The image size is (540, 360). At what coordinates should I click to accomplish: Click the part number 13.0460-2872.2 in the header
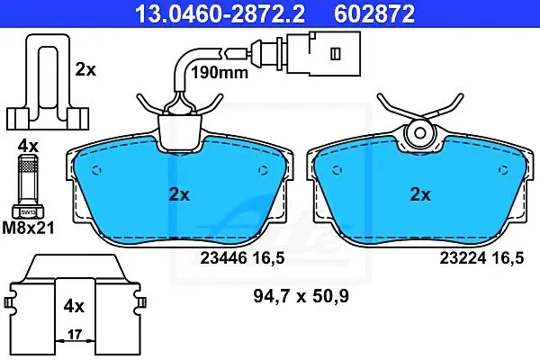220,13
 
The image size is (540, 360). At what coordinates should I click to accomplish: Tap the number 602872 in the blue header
374,13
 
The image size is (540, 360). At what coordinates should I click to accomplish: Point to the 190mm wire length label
220,72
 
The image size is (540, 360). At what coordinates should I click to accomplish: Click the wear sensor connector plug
324,53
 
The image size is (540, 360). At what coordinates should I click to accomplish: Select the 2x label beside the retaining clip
85,70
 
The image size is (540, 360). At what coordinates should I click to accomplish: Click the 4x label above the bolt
28,147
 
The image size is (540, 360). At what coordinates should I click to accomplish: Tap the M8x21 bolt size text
28,228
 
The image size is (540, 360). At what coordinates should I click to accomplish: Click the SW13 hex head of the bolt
28,211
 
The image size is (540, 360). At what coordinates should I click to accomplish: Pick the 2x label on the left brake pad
179,195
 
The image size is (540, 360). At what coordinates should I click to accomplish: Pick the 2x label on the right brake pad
420,195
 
